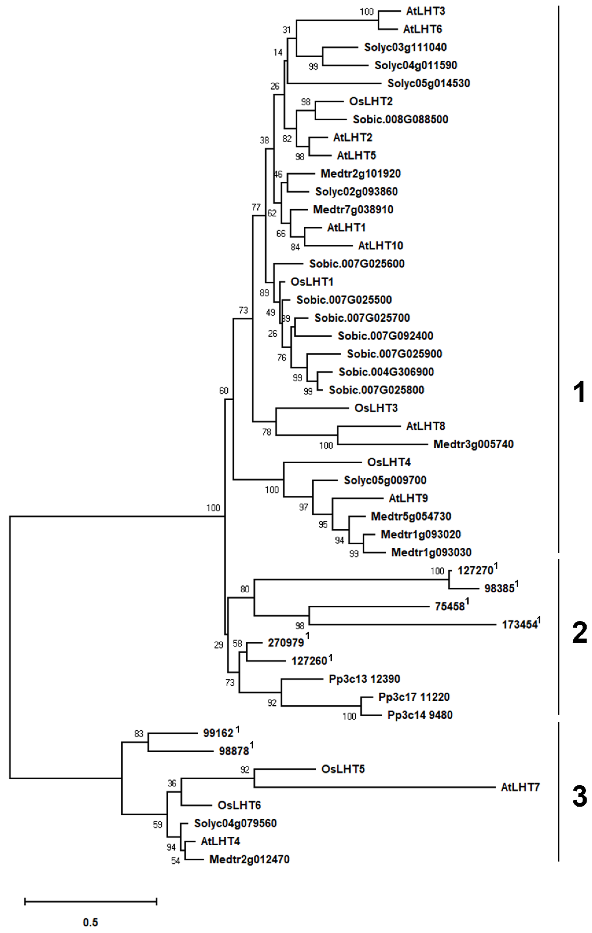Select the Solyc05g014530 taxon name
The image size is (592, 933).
click(428, 83)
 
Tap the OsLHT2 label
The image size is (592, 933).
click(371, 102)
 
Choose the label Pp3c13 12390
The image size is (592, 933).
click(364, 679)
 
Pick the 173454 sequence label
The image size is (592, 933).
click(520, 625)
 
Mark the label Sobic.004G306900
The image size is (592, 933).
click(386, 372)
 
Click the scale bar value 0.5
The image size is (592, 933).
click(90, 922)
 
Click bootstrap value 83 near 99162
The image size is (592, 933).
click(139, 734)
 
